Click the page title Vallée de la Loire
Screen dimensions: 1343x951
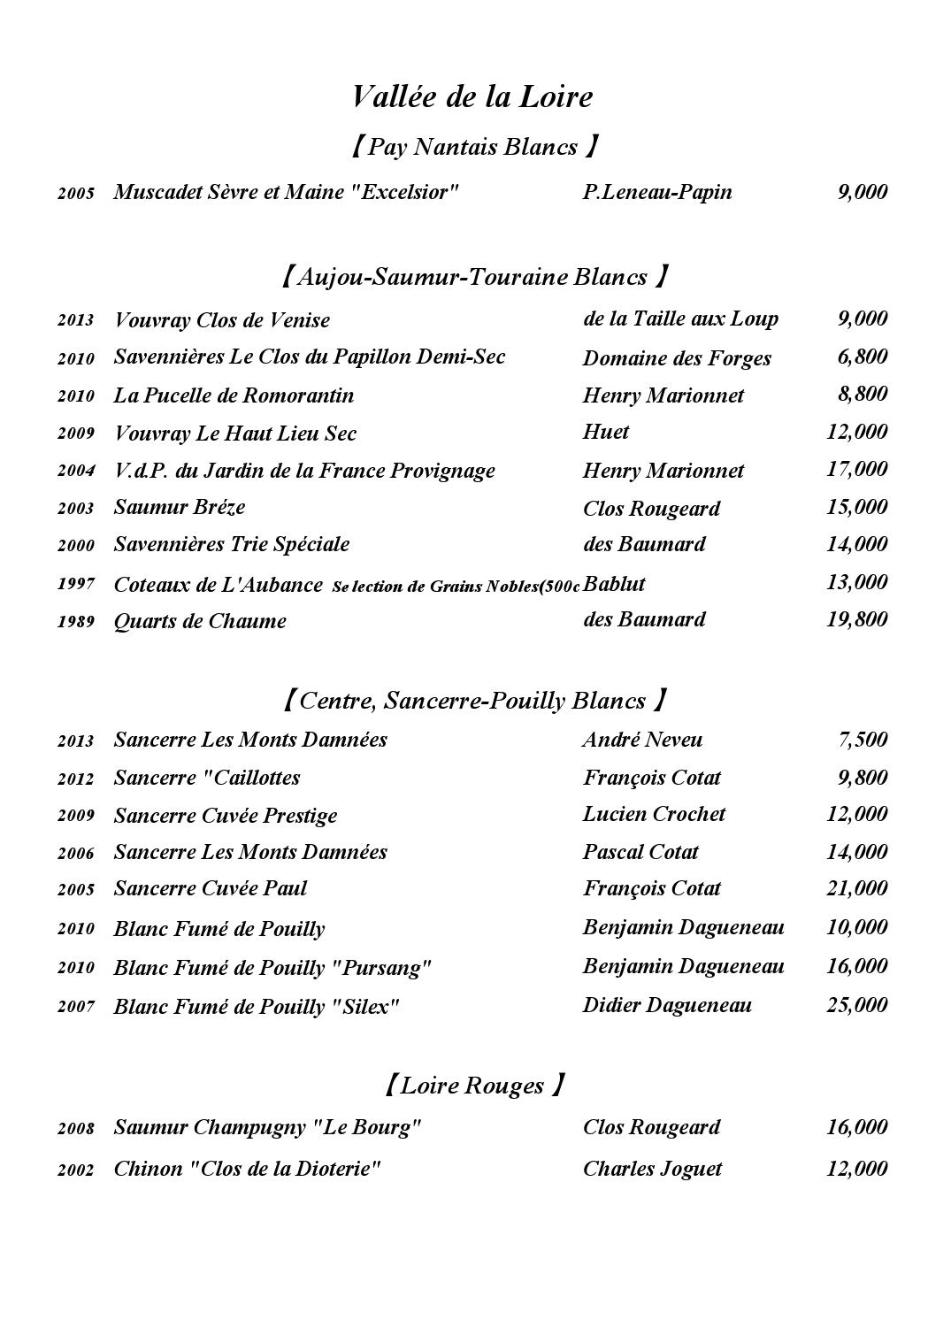tap(472, 96)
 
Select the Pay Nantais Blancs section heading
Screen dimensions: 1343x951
tap(473, 146)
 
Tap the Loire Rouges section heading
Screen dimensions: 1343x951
tap(473, 1085)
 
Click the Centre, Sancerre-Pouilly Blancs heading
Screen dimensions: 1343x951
tap(473, 701)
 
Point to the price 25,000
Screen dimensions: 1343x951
tap(856, 1005)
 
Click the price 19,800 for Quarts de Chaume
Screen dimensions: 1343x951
tap(856, 619)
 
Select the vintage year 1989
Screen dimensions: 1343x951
tap(76, 621)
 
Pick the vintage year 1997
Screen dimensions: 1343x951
tap(76, 584)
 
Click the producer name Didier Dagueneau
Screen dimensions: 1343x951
tap(667, 1005)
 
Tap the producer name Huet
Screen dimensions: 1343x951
tap(606, 432)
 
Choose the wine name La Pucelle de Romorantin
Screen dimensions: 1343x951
tap(234, 395)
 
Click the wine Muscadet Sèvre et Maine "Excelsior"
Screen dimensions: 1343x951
tap(287, 192)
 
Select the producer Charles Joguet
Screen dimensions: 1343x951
tap(652, 1169)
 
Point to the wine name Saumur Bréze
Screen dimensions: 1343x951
tap(180, 507)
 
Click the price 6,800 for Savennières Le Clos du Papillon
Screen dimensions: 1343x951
tap(862, 357)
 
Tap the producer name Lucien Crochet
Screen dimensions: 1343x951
tap(654, 814)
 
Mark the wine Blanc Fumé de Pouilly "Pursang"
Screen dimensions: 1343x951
tap(272, 967)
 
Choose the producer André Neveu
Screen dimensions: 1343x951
tap(642, 740)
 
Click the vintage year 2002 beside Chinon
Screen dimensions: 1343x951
tap(76, 1170)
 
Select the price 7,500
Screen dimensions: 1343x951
tap(862, 740)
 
